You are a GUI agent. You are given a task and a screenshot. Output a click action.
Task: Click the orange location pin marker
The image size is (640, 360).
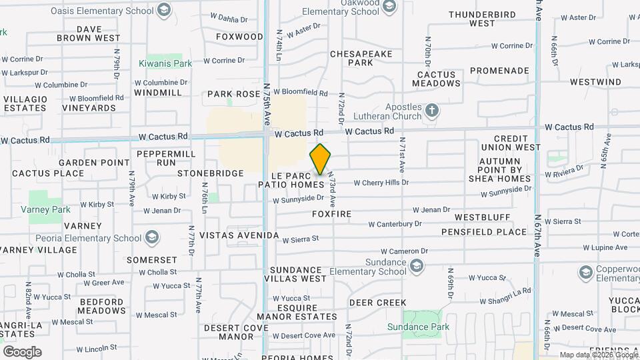click(321, 159)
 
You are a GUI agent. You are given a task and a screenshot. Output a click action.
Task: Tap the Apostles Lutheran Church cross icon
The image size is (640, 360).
click(432, 110)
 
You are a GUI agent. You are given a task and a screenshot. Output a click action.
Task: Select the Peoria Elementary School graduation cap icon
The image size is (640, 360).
click(152, 238)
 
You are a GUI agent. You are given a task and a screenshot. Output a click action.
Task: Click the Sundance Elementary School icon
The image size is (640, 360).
click(417, 267)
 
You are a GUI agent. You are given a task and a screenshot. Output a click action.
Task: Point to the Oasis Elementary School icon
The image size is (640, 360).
click(163, 10)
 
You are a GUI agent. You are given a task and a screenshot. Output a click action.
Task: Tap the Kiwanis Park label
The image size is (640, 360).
click(165, 64)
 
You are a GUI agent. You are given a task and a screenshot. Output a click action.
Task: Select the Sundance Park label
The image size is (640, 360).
click(419, 327)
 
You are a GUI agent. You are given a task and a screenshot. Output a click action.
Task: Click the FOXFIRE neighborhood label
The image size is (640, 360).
click(331, 214)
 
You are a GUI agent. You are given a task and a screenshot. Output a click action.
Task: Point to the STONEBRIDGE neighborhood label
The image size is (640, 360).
click(211, 173)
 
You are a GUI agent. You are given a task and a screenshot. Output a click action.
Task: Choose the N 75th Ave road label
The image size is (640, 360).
click(267, 104)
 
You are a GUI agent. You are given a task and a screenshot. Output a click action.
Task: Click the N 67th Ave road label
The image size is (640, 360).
click(537, 236)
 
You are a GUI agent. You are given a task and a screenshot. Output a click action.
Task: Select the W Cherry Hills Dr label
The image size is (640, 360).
click(381, 182)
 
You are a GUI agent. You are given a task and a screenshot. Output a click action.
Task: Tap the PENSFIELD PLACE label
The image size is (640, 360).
click(484, 232)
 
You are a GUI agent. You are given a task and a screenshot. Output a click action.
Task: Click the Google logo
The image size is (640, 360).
click(21, 351)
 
